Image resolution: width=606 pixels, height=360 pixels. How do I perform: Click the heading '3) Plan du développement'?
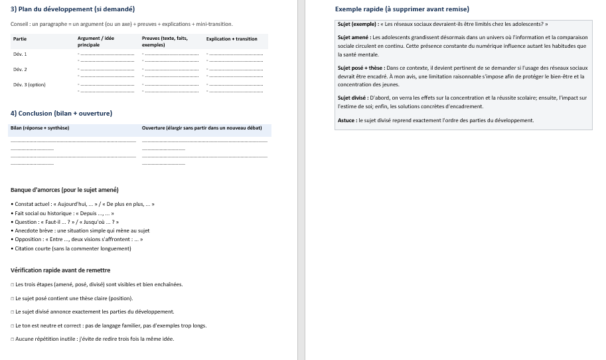tap(72, 9)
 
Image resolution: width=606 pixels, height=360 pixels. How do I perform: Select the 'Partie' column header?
tap(20, 39)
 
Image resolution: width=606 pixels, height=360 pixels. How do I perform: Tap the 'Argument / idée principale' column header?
tap(96, 41)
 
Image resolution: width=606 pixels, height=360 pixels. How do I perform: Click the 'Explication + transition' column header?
tap(232, 39)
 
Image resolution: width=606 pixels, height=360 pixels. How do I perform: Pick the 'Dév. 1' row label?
tap(20, 54)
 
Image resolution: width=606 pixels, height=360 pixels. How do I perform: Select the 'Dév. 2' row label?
tap(20, 69)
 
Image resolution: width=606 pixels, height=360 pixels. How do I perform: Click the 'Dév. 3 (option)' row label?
tap(29, 84)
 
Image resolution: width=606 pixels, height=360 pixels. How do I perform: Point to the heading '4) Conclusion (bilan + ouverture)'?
tap(61, 114)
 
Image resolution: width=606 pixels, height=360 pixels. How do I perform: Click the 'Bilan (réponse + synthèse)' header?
tap(40, 128)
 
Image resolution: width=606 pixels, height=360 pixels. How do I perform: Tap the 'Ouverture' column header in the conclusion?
tap(202, 128)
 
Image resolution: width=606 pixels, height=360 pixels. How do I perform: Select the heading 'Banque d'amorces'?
tap(64, 190)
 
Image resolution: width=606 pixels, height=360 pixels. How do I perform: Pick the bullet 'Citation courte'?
tap(72, 248)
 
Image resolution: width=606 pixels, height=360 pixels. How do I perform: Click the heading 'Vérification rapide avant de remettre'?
tap(60, 270)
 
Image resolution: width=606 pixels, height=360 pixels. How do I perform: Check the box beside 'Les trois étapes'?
tap(13, 284)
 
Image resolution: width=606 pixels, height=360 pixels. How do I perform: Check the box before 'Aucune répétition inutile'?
tap(13, 339)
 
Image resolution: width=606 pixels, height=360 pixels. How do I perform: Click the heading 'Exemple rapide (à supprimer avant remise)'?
tap(402, 9)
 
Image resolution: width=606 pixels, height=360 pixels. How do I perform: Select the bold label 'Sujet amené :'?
tap(354, 38)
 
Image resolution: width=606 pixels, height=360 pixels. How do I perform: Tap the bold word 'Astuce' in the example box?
tap(346, 120)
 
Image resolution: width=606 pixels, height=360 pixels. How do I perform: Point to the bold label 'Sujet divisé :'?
tap(353, 98)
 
